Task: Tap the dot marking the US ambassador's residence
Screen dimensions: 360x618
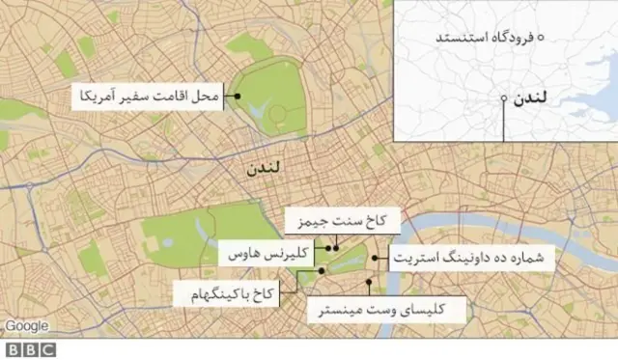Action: tap(235, 96)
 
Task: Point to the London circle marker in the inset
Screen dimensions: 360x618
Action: tap(504, 97)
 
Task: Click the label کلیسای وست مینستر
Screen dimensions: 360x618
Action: tap(386, 310)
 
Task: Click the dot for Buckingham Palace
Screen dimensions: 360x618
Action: tap(322, 272)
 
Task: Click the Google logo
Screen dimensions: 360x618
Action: tap(25, 325)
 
